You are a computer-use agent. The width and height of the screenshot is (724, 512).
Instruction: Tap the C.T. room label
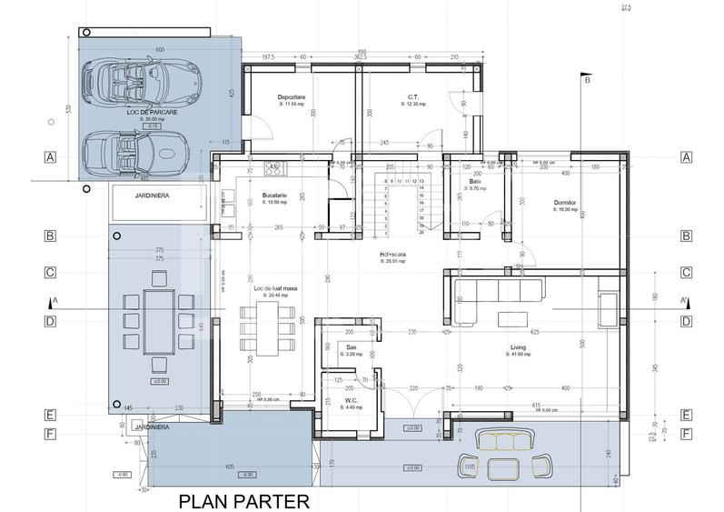click(x=412, y=96)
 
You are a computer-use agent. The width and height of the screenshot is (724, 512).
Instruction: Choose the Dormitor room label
click(x=566, y=202)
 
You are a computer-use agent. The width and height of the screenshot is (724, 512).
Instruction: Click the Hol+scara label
click(x=393, y=255)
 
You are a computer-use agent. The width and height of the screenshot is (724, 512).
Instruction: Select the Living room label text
click(x=519, y=347)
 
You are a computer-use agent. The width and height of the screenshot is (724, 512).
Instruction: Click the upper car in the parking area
click(x=137, y=81)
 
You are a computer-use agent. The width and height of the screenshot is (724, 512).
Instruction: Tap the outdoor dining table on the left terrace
click(x=160, y=315)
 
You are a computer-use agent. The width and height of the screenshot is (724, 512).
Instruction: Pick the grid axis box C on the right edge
click(x=687, y=272)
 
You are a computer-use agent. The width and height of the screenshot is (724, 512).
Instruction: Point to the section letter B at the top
click(x=587, y=81)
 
